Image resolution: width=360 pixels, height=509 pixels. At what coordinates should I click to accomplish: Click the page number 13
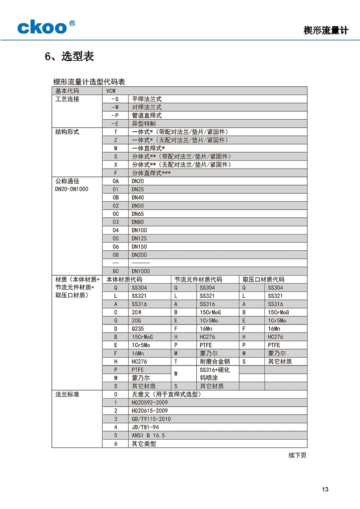[x=325, y=489]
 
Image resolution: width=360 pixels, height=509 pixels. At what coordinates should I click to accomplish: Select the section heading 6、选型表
[x=69, y=56]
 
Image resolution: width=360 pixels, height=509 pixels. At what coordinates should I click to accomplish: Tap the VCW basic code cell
[x=111, y=91]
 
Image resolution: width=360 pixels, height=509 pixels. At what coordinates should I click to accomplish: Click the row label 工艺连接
[x=67, y=99]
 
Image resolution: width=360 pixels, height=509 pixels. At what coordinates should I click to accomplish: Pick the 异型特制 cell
[x=144, y=124]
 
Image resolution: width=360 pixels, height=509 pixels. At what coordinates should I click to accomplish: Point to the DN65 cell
[x=138, y=214]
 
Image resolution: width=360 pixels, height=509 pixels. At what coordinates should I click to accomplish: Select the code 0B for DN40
[x=116, y=198]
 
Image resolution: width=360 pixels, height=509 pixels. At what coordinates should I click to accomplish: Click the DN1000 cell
[x=141, y=271]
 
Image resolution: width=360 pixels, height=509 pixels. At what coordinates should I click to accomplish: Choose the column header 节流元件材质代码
[x=198, y=279]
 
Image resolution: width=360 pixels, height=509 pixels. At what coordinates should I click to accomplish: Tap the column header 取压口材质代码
[x=263, y=279]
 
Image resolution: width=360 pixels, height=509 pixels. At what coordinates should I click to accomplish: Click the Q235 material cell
[x=138, y=329]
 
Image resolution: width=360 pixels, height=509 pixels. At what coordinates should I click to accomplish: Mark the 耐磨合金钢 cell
[x=214, y=362]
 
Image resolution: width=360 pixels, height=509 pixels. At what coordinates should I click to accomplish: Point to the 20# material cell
[x=136, y=312]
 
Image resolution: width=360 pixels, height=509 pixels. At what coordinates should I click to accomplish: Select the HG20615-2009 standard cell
[x=150, y=411]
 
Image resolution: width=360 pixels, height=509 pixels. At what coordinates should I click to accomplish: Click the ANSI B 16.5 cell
[x=148, y=436]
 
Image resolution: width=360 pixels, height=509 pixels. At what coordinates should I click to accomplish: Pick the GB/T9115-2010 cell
[x=151, y=419]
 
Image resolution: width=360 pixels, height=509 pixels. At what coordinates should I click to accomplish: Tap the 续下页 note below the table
[x=297, y=455]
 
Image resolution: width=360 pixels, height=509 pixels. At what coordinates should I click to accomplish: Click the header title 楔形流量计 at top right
[x=326, y=30]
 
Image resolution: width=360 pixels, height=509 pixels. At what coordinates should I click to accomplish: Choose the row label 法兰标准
[x=67, y=395]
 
